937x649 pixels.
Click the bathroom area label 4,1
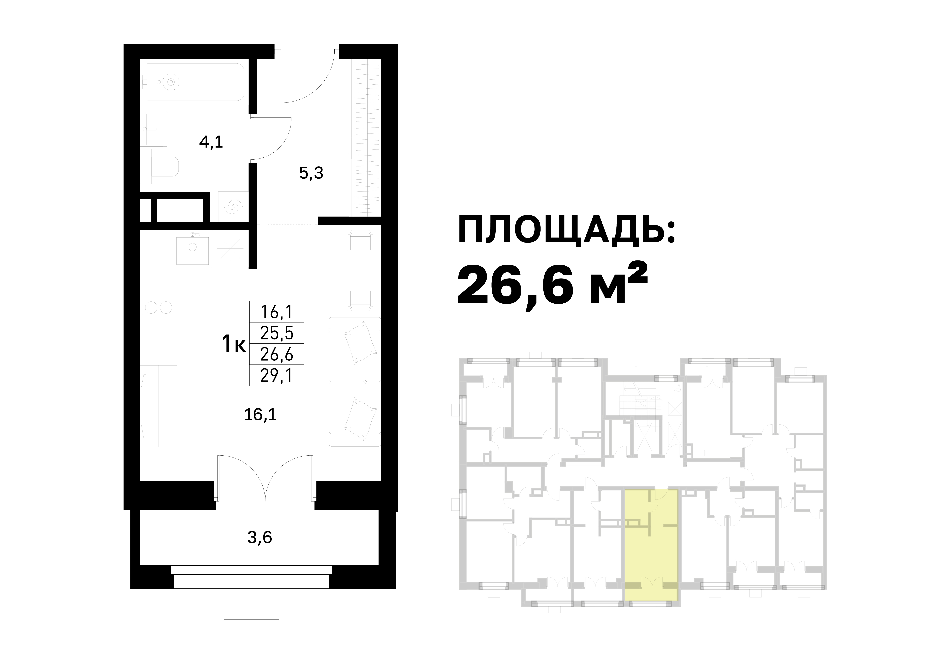[211, 142]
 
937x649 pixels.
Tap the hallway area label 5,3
[311, 173]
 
